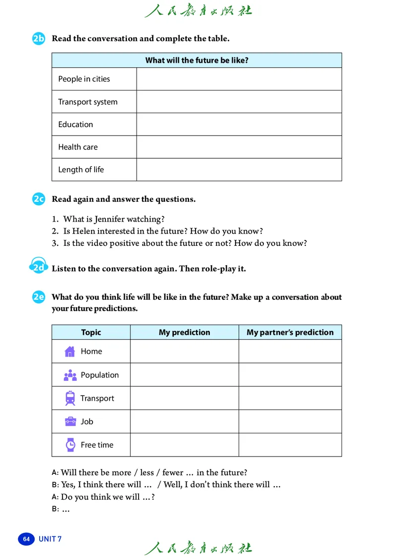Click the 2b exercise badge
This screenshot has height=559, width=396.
click(x=39, y=39)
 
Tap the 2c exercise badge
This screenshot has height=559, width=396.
click(x=39, y=199)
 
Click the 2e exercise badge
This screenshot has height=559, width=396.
click(x=39, y=297)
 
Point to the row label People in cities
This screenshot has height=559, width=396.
click(x=84, y=79)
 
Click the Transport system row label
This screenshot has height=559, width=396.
click(x=88, y=102)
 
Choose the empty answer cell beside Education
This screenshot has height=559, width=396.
click(x=239, y=125)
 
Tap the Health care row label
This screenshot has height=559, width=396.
click(x=78, y=147)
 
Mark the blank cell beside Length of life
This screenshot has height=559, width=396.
click(x=239, y=170)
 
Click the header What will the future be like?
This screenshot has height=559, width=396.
click(x=197, y=60)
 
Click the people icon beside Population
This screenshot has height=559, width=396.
click(x=70, y=375)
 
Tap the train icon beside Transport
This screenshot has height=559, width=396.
click(x=70, y=398)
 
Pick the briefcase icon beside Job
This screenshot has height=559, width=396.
click(x=70, y=421)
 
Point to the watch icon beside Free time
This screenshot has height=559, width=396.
click(x=70, y=445)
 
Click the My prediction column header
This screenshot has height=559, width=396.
click(x=184, y=332)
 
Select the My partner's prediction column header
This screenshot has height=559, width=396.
click(x=290, y=332)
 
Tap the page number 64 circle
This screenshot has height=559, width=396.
click(x=26, y=539)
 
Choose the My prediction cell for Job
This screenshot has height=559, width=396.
click(x=184, y=421)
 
